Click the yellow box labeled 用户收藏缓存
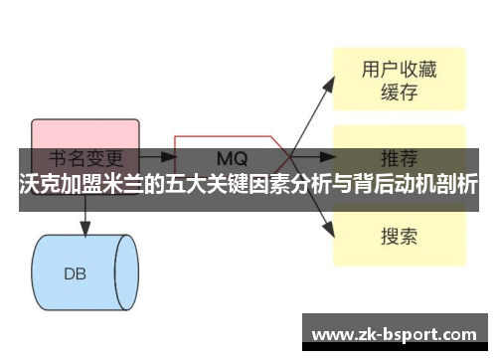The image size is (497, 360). pyautogui.click(x=398, y=80)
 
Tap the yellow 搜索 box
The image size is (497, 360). pyautogui.click(x=398, y=236)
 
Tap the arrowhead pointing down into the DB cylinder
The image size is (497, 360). pyautogui.click(x=83, y=230)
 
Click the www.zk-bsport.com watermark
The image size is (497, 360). pyautogui.click(x=401, y=332)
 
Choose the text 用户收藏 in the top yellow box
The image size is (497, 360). pyautogui.click(x=398, y=69)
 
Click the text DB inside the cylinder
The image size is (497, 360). pyautogui.click(x=76, y=272)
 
